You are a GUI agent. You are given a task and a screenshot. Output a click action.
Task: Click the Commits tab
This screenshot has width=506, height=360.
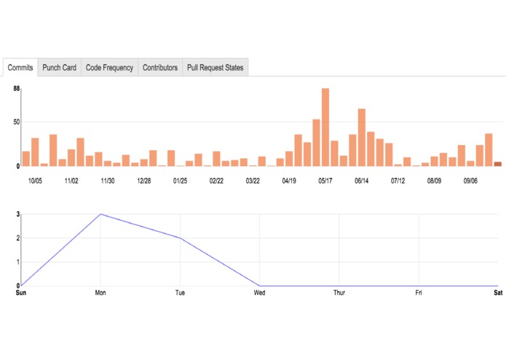click(20, 68)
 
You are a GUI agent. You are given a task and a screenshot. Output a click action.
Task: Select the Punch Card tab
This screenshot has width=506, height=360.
click(59, 68)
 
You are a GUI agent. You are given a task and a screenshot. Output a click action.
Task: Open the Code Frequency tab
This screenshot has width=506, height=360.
click(109, 68)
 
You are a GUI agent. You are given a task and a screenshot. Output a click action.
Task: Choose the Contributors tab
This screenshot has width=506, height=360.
click(160, 68)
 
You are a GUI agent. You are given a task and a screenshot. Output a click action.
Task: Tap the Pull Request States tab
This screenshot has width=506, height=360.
click(215, 68)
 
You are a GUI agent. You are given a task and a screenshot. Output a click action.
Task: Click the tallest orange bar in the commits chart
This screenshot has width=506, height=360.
click(325, 127)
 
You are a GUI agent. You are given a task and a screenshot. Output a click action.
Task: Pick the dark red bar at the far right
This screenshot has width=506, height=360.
click(498, 164)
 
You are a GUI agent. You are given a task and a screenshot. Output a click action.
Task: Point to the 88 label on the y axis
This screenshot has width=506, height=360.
click(17, 89)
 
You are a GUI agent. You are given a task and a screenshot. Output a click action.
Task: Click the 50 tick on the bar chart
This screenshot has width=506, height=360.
click(16, 122)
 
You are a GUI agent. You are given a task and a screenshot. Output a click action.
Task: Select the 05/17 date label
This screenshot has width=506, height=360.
click(325, 180)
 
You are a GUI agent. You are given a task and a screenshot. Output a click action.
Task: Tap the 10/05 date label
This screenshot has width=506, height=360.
click(36, 180)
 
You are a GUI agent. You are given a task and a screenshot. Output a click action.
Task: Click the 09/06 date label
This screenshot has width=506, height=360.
click(470, 180)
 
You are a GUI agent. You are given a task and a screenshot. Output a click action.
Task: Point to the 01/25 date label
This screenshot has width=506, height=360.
click(180, 180)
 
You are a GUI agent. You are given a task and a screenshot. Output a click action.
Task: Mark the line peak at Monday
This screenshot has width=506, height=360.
click(100, 214)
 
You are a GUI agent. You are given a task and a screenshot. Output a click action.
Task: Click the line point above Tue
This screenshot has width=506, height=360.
click(180, 238)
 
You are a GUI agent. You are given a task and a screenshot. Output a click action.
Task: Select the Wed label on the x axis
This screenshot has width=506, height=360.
click(259, 293)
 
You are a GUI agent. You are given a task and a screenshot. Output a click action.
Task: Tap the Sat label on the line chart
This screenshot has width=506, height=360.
click(497, 293)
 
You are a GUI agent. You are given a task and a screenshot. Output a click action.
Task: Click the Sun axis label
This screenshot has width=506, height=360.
click(21, 293)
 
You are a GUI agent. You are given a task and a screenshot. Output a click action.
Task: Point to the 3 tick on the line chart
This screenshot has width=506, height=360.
click(16, 214)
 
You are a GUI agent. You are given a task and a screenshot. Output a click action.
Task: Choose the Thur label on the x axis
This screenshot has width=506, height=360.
click(339, 293)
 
